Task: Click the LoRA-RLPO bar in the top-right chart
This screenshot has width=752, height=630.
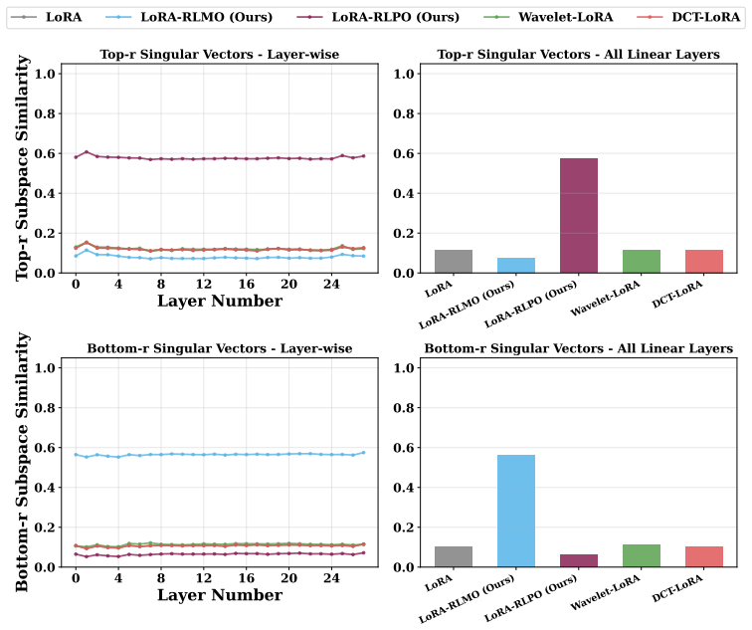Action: point(578,215)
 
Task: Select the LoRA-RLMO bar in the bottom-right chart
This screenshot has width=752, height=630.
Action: point(516,511)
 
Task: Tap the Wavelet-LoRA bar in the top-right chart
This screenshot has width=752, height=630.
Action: point(642,262)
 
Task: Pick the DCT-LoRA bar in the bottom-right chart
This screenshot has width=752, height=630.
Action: point(704,556)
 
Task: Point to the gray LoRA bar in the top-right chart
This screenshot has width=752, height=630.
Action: point(454,262)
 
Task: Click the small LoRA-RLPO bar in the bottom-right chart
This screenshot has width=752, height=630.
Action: point(578,561)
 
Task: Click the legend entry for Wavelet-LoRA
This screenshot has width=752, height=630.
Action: point(548,17)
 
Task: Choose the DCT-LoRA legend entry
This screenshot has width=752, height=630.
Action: point(688,17)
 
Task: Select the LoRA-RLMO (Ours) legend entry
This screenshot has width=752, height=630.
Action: point(188,17)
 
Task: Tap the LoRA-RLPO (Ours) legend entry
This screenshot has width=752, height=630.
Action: point(377,17)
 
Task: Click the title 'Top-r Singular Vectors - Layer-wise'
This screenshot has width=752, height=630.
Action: point(220,54)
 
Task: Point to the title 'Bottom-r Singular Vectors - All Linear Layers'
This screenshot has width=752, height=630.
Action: point(578,348)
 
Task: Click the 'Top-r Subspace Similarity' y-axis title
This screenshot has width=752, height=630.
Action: point(22,167)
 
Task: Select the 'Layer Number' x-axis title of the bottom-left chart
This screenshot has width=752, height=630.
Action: point(220,595)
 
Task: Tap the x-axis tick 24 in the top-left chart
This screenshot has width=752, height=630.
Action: point(331,284)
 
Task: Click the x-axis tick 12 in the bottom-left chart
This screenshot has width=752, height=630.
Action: point(203,578)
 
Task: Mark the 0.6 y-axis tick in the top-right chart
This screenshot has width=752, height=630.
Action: point(403,153)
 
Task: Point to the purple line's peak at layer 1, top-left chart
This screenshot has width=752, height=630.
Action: point(87,152)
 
